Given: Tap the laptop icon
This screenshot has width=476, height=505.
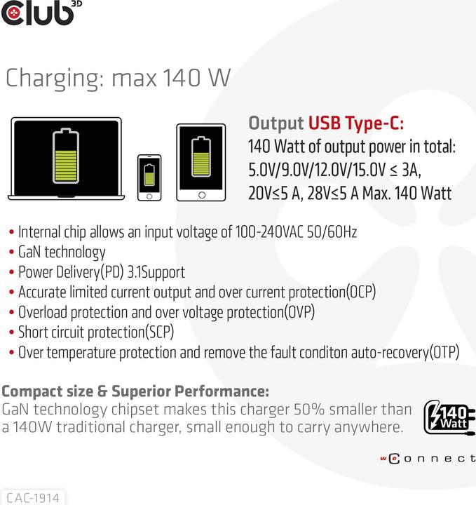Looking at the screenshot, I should click(x=66, y=159).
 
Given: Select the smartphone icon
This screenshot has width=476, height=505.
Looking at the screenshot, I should click(x=149, y=177).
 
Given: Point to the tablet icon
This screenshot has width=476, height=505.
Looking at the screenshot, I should click(x=201, y=162).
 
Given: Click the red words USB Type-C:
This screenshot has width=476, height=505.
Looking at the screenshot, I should click(x=355, y=124).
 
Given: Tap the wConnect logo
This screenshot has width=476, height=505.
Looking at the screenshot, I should click(x=427, y=459).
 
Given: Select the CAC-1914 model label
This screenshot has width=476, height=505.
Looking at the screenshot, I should click(x=32, y=497).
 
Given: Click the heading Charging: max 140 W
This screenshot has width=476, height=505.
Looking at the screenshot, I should click(x=118, y=78).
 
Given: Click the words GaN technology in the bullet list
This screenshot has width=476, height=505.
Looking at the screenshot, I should click(x=62, y=252).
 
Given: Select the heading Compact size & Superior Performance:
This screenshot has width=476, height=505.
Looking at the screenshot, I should click(x=135, y=391).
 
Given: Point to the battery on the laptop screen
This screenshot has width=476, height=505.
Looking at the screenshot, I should click(x=66, y=155).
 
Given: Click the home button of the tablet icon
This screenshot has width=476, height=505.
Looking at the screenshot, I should click(x=201, y=194).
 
